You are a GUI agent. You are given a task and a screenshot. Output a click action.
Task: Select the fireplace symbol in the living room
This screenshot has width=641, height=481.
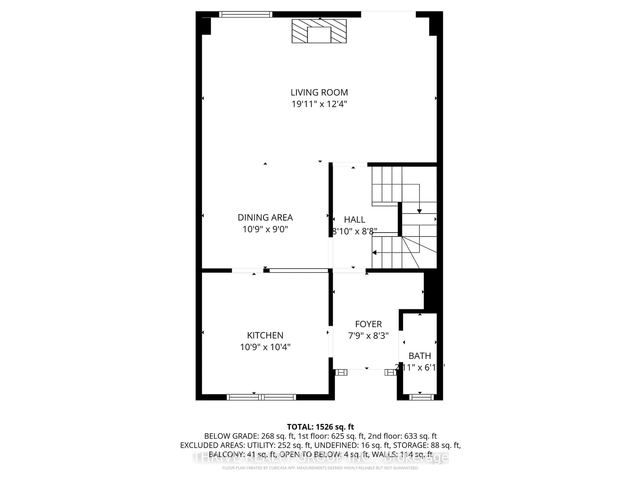pos(319,31)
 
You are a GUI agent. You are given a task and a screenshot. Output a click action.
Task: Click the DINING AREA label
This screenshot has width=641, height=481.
pos(265,217)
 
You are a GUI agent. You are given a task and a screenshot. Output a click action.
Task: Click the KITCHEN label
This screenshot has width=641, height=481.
pos(265,336)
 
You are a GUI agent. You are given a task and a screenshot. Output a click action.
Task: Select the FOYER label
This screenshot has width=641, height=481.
pos(368,324)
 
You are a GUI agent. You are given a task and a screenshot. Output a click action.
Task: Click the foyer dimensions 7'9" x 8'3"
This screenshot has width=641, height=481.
pos(368,336)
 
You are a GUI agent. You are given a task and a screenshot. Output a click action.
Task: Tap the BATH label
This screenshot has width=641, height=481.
pos(420,356)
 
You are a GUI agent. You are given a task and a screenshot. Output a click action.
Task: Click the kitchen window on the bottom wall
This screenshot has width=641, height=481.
pos(261,397)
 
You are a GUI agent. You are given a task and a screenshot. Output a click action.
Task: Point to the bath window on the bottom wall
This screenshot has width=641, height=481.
pos(421,397)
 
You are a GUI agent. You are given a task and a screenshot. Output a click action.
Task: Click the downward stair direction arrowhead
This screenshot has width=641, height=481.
pos(419,211)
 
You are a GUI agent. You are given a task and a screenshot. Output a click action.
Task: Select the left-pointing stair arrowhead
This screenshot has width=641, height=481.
pos(374,253)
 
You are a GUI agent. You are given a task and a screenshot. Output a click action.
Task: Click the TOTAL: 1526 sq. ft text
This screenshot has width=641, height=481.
pos(320,427)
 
